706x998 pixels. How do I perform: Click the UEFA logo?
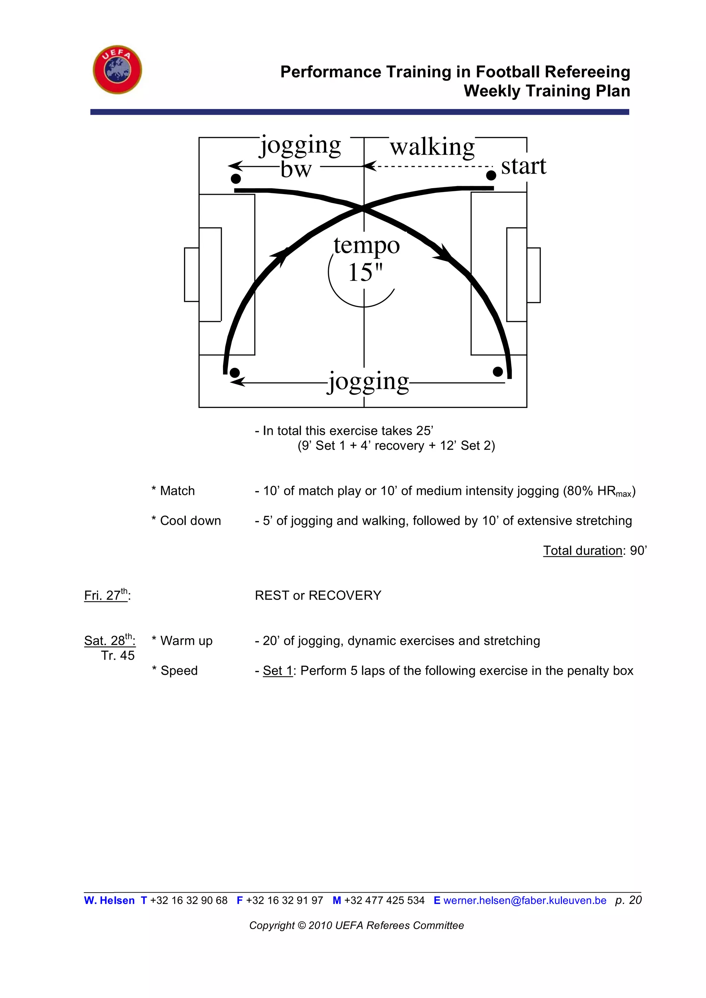coord(117,70)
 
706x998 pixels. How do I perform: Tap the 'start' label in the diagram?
coord(523,166)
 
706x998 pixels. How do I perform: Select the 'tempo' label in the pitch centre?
coord(366,246)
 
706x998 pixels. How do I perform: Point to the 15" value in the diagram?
coord(365,273)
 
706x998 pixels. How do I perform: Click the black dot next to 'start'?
coord(491,175)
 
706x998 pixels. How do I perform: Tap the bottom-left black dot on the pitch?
coord(234,373)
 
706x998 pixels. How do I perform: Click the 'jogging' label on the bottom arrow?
coord(368,381)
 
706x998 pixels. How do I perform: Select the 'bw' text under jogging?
coord(296,170)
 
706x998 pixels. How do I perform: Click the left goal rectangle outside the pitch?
coord(192,274)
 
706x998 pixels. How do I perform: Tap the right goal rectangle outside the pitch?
coord(534,275)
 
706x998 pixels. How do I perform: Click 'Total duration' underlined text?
coord(583,550)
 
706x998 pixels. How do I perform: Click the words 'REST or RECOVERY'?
coord(318,595)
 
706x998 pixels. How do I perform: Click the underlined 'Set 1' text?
coord(278,670)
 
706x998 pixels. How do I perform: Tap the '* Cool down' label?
coord(186,520)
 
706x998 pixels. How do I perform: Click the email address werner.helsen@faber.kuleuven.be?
coord(524,900)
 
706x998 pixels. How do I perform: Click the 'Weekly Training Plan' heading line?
coord(546,91)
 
